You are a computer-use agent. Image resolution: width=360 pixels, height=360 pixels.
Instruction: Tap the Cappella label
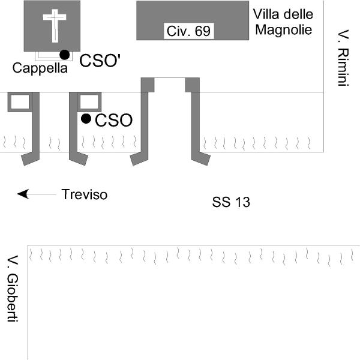(40, 68)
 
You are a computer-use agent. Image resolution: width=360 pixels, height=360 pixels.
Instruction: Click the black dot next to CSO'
(65, 55)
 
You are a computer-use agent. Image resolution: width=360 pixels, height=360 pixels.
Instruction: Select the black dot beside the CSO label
(86, 119)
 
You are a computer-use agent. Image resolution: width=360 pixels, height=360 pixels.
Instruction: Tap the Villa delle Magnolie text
(283, 21)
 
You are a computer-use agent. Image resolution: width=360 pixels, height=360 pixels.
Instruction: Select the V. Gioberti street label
(13, 290)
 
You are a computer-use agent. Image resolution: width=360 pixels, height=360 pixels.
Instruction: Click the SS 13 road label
(230, 202)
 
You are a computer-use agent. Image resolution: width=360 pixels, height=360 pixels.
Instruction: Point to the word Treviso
(85, 194)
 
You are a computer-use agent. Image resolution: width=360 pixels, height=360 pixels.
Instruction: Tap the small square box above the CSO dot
(90, 102)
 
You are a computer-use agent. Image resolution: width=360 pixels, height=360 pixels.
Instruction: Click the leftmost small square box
(19, 102)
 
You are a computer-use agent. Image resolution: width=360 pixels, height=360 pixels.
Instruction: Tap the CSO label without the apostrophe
(113, 121)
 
